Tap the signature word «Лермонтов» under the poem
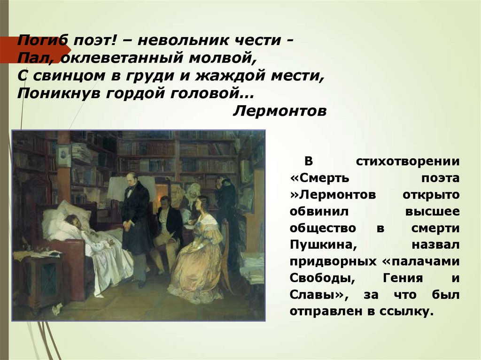click(279, 111)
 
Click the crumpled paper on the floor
click(57, 308)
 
